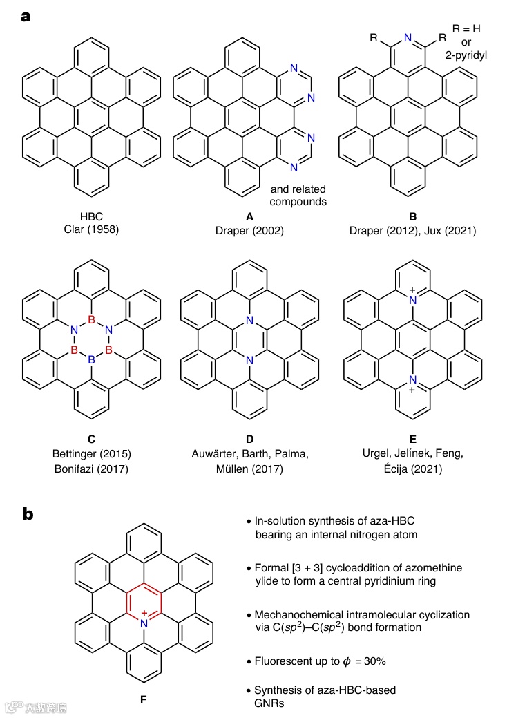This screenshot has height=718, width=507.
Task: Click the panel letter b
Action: tap(26, 515)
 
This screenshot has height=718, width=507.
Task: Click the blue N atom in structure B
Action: tap(409, 39)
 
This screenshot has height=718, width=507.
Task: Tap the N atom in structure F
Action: tap(144, 623)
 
